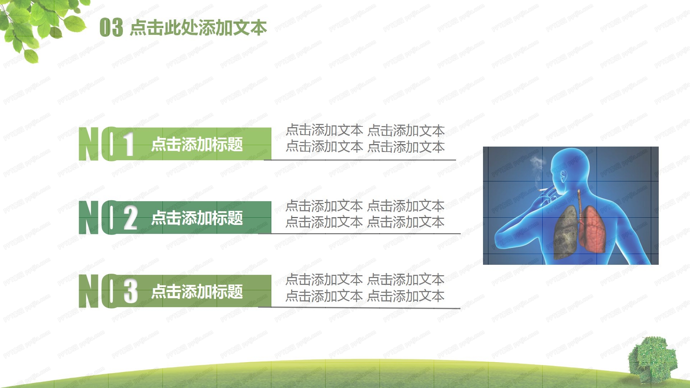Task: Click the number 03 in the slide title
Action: click(111, 28)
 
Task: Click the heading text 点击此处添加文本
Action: click(198, 28)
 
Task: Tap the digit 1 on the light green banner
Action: click(128, 144)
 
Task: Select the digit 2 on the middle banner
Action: click(130, 218)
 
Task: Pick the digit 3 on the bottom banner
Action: click(130, 291)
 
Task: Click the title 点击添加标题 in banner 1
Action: click(197, 144)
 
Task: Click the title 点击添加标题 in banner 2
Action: click(197, 218)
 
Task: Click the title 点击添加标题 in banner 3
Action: click(197, 291)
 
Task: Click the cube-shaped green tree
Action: click(652, 358)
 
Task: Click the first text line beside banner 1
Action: click(365, 130)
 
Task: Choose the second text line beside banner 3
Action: click(365, 296)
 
